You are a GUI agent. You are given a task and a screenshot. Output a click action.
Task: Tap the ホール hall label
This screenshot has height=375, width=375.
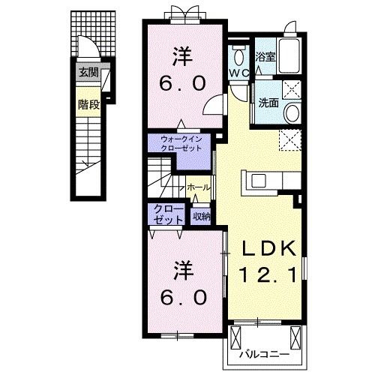pyautogui.click(x=198, y=187)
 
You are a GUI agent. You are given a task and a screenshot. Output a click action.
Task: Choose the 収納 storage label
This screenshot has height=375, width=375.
pyautogui.click(x=201, y=217)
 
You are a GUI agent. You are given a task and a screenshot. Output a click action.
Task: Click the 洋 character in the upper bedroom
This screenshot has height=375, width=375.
pyautogui.click(x=181, y=55)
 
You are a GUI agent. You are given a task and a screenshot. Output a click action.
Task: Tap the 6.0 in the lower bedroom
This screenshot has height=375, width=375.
pyautogui.click(x=181, y=297)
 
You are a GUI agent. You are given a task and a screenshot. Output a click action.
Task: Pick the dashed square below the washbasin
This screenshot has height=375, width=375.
pyautogui.click(x=289, y=139)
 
